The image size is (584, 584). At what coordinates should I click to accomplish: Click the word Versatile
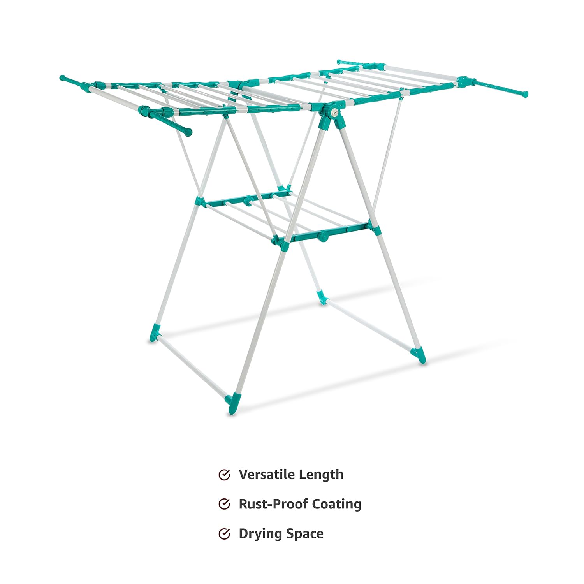click(x=266, y=475)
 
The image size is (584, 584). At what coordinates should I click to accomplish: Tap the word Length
click(x=322, y=475)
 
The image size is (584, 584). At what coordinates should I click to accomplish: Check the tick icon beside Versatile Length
click(x=224, y=475)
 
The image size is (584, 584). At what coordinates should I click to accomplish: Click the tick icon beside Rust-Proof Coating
click(x=224, y=504)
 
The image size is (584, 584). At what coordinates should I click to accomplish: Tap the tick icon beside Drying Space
click(x=224, y=534)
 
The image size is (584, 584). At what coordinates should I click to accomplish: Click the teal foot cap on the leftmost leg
click(x=155, y=333)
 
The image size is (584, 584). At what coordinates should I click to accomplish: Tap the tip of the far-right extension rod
click(x=525, y=94)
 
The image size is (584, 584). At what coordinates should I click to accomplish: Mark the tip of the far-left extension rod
click(x=62, y=78)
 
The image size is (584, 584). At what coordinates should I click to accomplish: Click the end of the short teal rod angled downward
click(x=188, y=132)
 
